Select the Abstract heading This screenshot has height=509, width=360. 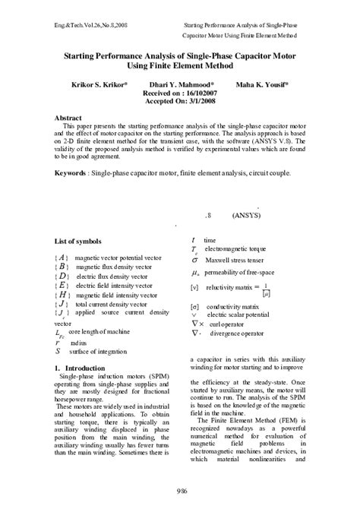[x=68, y=119]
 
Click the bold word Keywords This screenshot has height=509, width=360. [x=70, y=173]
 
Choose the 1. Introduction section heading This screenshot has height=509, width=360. [x=80, y=368]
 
